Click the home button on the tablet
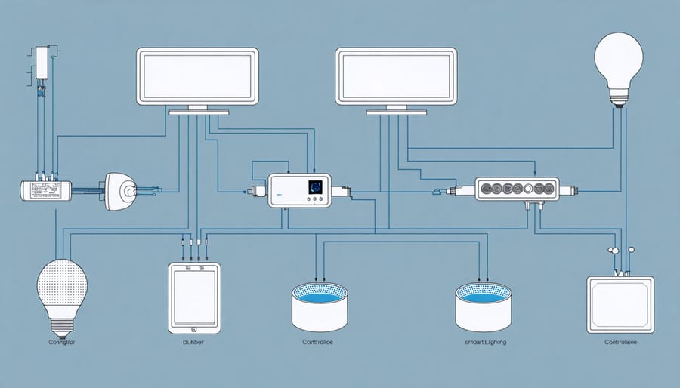(x=195, y=329)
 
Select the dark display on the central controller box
(x=314, y=187)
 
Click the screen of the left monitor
(x=197, y=76)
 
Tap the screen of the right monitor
(x=397, y=76)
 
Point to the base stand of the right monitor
(x=397, y=112)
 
